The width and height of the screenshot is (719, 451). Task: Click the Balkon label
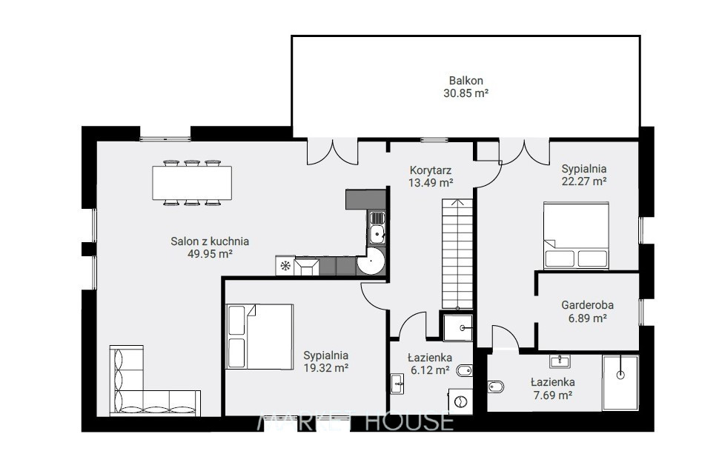(466, 81)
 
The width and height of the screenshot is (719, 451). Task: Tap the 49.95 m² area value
(210, 254)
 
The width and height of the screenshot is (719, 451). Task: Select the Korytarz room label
(431, 170)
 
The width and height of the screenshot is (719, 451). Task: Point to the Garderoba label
(587, 305)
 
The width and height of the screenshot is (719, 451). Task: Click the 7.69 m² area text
(552, 395)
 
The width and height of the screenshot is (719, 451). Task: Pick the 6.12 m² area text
(430, 370)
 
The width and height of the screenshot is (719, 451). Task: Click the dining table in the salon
(192, 183)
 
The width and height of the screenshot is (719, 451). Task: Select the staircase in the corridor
(457, 253)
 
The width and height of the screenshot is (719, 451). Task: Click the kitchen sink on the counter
(377, 227)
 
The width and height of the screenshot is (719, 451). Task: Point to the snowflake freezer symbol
(285, 266)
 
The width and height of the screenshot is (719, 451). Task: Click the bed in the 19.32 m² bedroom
(260, 337)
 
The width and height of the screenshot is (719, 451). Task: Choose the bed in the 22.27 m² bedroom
(577, 235)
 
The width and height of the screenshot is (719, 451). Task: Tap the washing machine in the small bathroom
(460, 401)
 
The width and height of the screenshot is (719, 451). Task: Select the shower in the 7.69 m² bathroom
(620, 383)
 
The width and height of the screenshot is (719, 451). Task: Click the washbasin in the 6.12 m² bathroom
(397, 384)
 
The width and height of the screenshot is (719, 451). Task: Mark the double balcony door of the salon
(332, 152)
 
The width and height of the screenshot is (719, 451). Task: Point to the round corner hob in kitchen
(371, 261)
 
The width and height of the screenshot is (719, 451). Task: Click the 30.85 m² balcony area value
(466, 93)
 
